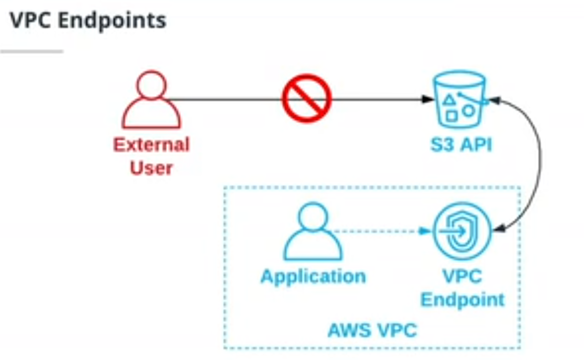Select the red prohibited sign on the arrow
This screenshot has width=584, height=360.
[x=307, y=99]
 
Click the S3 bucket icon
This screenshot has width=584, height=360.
[x=459, y=99]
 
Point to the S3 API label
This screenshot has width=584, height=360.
[x=460, y=145]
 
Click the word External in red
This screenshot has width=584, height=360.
[x=151, y=145]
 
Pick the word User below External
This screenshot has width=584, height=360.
[x=151, y=168]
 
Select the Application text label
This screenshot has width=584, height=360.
[x=313, y=276]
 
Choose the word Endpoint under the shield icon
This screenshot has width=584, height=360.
[x=462, y=299]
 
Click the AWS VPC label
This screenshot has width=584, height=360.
[x=372, y=330]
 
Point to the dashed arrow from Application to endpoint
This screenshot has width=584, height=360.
[x=378, y=231]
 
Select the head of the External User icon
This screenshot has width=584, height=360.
[x=151, y=85]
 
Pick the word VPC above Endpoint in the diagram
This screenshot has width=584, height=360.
[x=462, y=277]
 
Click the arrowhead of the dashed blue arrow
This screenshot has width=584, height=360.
[x=423, y=231]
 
